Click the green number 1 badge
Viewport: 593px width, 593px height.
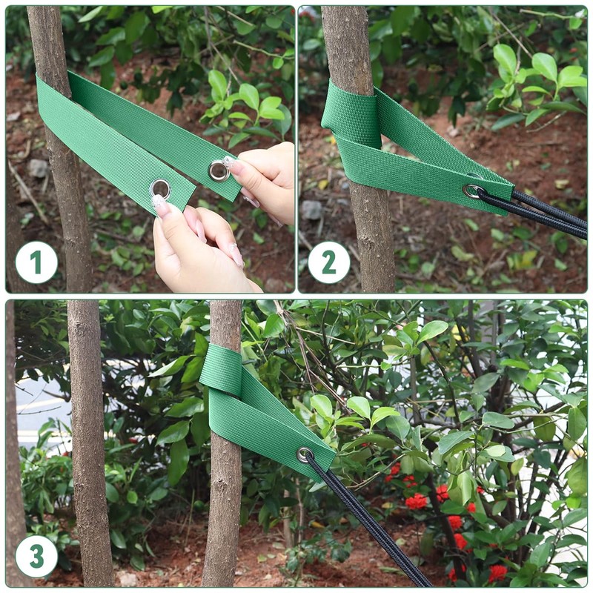(x=36, y=262)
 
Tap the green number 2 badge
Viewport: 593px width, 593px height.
(x=329, y=262)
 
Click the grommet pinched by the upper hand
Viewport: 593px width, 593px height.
(x=218, y=171)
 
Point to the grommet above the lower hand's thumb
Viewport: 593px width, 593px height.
(x=159, y=188)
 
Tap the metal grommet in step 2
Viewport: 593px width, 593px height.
(x=471, y=191)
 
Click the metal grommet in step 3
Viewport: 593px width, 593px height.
(x=304, y=454)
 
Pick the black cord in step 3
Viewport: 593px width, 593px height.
(x=371, y=526)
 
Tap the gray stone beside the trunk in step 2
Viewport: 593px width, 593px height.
(x=311, y=210)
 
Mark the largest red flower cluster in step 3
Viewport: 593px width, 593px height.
(x=417, y=502)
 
